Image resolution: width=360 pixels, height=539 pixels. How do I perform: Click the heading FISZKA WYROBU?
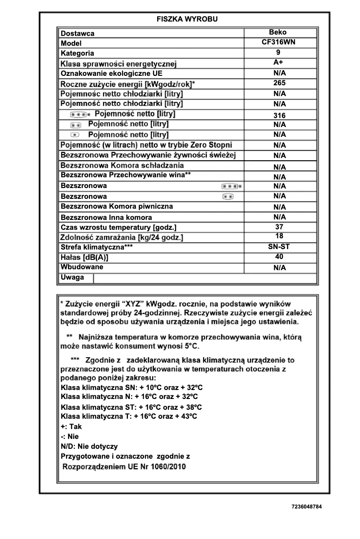point(187,19)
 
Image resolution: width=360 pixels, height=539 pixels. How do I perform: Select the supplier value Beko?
point(277,32)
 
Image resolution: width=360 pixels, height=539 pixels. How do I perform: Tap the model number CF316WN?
point(279,42)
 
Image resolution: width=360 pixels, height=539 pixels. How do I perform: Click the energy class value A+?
point(278,62)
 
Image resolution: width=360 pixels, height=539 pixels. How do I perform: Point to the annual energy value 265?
point(279,83)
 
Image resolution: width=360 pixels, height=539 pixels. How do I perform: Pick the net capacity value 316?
point(279,115)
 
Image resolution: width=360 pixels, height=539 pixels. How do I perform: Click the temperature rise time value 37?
point(279,227)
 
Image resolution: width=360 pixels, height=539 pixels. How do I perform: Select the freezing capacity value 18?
point(279,236)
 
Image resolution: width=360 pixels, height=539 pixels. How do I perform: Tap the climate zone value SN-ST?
point(278,247)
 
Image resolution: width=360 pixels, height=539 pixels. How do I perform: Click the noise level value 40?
point(279,257)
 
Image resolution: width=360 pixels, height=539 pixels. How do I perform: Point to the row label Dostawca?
point(78,34)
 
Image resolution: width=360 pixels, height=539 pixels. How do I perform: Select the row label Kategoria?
point(78,53)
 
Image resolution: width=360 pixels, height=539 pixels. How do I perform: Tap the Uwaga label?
point(72,277)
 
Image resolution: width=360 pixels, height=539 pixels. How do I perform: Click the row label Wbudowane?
point(82,267)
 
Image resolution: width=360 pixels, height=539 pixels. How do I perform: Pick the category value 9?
point(278,53)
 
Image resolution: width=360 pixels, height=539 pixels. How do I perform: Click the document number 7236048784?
point(307,506)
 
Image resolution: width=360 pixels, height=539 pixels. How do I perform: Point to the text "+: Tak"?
point(71,427)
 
